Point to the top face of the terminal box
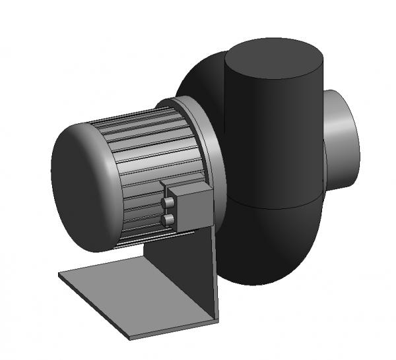pyautogui.click(x=188, y=189)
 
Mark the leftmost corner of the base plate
pyautogui.click(x=59, y=275)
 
